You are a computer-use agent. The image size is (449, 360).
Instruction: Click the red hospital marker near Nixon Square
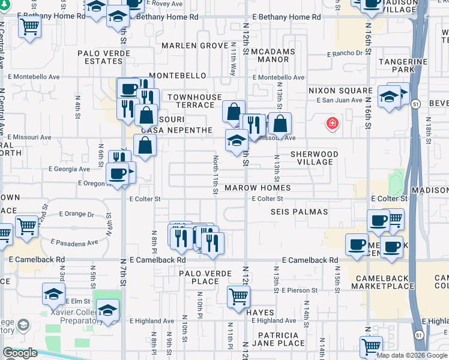[331, 124]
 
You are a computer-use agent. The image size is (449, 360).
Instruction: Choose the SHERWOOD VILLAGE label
[315, 158]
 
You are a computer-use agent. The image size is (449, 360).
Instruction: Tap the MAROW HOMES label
[258, 188]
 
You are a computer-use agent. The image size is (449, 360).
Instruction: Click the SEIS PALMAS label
[299, 212]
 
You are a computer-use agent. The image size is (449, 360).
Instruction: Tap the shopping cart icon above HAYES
[239, 296]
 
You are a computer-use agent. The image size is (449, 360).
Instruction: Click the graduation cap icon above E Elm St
[54, 294]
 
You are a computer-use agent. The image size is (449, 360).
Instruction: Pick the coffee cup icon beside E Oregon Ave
[118, 174]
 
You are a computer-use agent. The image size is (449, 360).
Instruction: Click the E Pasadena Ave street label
[74, 242]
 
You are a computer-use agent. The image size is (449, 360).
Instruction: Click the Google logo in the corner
[20, 353]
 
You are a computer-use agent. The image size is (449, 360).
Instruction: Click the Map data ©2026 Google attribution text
[412, 355]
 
